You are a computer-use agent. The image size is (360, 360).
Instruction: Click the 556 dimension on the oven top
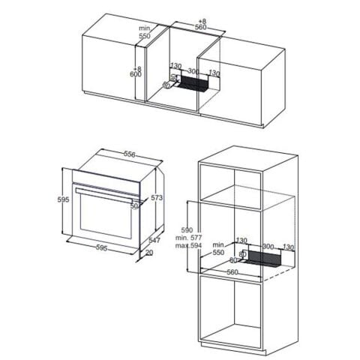coord(130,154)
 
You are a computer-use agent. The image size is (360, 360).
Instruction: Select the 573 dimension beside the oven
coord(156,198)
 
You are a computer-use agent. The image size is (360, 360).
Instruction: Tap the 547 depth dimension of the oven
coord(154,240)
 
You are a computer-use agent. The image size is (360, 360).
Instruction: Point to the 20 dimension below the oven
coord(149,253)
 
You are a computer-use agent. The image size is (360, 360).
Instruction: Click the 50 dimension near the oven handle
coord(135,205)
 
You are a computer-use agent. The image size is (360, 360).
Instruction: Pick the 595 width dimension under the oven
coord(102,247)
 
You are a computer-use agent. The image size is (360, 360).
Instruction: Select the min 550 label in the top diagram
coord(145,32)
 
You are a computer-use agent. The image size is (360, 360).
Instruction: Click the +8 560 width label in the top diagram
coord(200,22)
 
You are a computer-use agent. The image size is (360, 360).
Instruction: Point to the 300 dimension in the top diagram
coord(193,72)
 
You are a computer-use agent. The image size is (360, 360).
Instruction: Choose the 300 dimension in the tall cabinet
coord(268,245)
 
